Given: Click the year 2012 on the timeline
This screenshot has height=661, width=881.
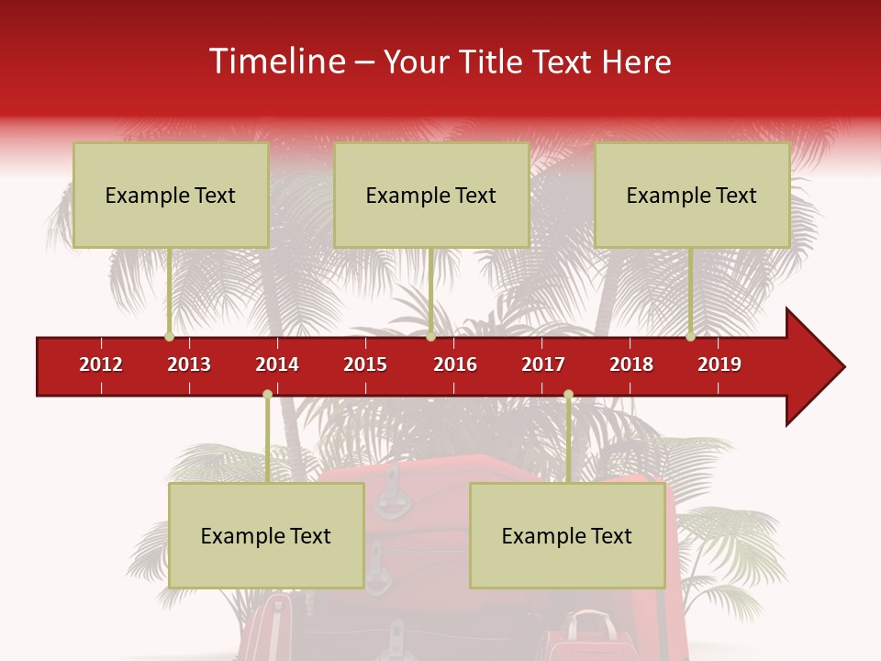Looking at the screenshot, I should pos(101,364).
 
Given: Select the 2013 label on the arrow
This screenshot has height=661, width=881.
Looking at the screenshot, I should pos(189,364).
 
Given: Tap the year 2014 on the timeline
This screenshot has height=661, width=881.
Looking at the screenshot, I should pos(277,364).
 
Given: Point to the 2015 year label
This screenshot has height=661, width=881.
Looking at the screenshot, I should pos(365,364).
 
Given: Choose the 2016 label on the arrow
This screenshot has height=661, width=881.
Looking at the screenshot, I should pos(455,364).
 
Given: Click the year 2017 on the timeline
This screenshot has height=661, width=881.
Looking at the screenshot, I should pos(543,364).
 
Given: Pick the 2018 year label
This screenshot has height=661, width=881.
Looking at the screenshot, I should pos(631,364).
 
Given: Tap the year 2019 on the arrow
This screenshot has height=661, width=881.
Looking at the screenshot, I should pos(719,364).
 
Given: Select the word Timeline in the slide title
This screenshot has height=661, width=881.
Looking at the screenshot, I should pos(275,62).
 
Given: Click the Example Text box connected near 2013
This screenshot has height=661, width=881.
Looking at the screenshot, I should pos(171,195).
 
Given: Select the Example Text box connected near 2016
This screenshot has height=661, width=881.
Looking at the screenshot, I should pos(431,195).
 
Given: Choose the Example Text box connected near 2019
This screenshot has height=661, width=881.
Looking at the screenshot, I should pos(692,195).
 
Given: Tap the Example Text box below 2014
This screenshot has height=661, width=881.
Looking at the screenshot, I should pos(266,535).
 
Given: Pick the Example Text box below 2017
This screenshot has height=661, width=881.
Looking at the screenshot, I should pos(567,535).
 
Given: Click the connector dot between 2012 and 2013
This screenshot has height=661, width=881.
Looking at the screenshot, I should pos(169,337).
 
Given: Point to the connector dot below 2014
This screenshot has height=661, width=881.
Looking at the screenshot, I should pos(267,395).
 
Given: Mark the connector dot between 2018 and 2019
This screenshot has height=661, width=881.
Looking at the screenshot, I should pos(690,337).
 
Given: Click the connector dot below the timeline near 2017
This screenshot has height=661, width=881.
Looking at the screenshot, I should pos(568,395).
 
